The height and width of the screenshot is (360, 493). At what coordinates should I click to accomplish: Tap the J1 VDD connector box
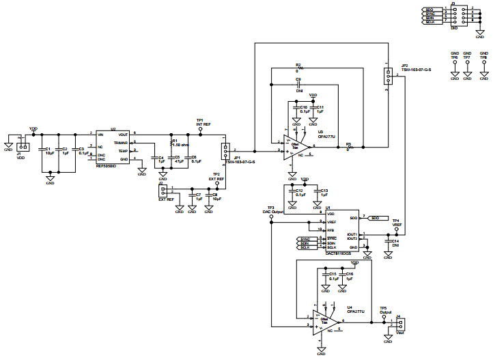23,147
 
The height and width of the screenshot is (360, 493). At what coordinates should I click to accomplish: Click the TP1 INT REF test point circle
201,128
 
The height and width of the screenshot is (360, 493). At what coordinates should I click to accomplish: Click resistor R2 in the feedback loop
298,68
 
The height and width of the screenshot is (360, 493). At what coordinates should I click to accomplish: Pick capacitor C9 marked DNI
298,85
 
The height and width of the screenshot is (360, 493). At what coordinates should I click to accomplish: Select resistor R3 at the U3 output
349,147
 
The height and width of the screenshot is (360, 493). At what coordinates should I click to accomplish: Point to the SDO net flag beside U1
376,218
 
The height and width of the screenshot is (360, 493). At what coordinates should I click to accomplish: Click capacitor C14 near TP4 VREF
388,241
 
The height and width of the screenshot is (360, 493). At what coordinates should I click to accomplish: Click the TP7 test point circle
468,62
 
